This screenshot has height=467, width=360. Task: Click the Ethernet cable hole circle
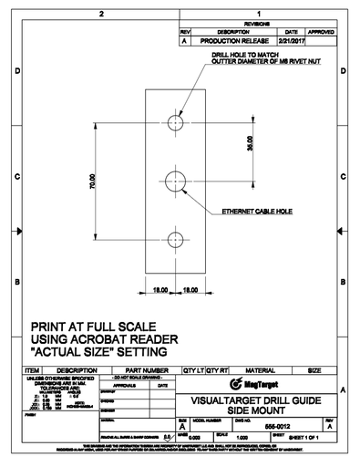click(176, 181)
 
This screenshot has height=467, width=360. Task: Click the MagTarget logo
click(255, 383)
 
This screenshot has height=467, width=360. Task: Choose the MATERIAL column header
click(266, 371)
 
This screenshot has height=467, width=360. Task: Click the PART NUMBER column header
click(142, 371)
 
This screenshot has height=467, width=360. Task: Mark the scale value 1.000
click(244, 438)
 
